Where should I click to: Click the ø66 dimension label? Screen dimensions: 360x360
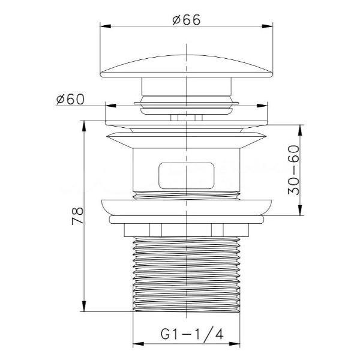pyautogui.click(x=186, y=20)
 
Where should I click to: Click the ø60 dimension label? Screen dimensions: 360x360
pyautogui.click(x=70, y=99)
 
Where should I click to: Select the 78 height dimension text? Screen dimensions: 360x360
pyautogui.click(x=77, y=216)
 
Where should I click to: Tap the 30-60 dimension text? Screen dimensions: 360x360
pyautogui.click(x=294, y=170)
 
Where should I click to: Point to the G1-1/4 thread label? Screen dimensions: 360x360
pyautogui.click(x=192, y=334)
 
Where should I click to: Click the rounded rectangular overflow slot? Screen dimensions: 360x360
pyautogui.click(x=186, y=176)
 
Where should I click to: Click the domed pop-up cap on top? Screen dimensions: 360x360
pyautogui.click(x=187, y=66)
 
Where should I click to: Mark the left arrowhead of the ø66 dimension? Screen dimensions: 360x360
pyautogui.click(x=106, y=26)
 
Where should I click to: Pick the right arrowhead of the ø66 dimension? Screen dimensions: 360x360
pyautogui.click(x=268, y=26)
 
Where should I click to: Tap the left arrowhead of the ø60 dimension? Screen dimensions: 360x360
pyautogui.click(x=110, y=106)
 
